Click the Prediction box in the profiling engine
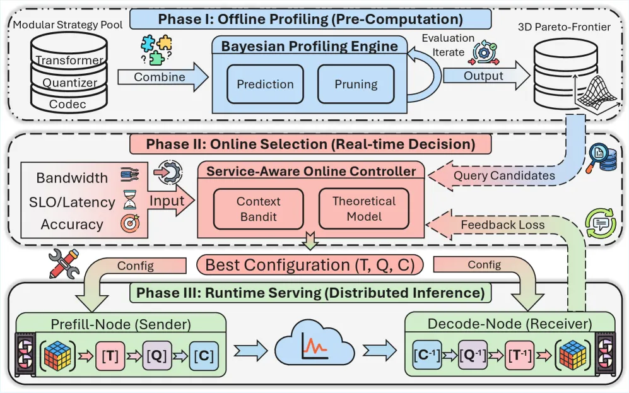pos(265,85)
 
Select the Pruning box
pos(356,85)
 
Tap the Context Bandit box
pos(258,209)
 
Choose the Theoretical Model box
pos(364,209)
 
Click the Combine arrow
pos(163,77)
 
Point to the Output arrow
pos(486,76)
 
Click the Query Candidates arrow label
pos(504,175)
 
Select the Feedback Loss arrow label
pos(503,225)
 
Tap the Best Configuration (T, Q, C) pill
pos(310,265)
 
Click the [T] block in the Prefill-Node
pos(110,356)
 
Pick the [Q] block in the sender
pos(157,355)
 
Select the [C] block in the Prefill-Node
pos(204,356)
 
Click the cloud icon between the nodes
pos(315,343)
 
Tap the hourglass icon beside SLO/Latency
pos(129,200)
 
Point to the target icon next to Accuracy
pos(130,223)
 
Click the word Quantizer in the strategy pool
pos(70,83)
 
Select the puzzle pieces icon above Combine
pos(156,50)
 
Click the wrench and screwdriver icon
pos(64,264)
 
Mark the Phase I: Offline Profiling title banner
pos(310,20)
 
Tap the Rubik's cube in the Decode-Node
pos(572,355)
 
